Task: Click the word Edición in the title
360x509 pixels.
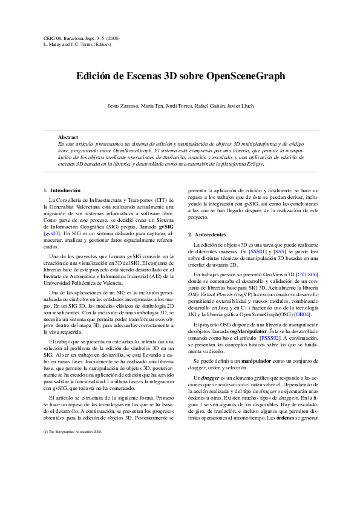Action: click(x=96, y=76)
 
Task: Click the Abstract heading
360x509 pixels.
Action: click(x=68, y=138)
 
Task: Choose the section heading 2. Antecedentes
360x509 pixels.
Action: click(x=207, y=234)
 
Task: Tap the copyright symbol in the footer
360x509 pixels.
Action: click(x=46, y=483)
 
